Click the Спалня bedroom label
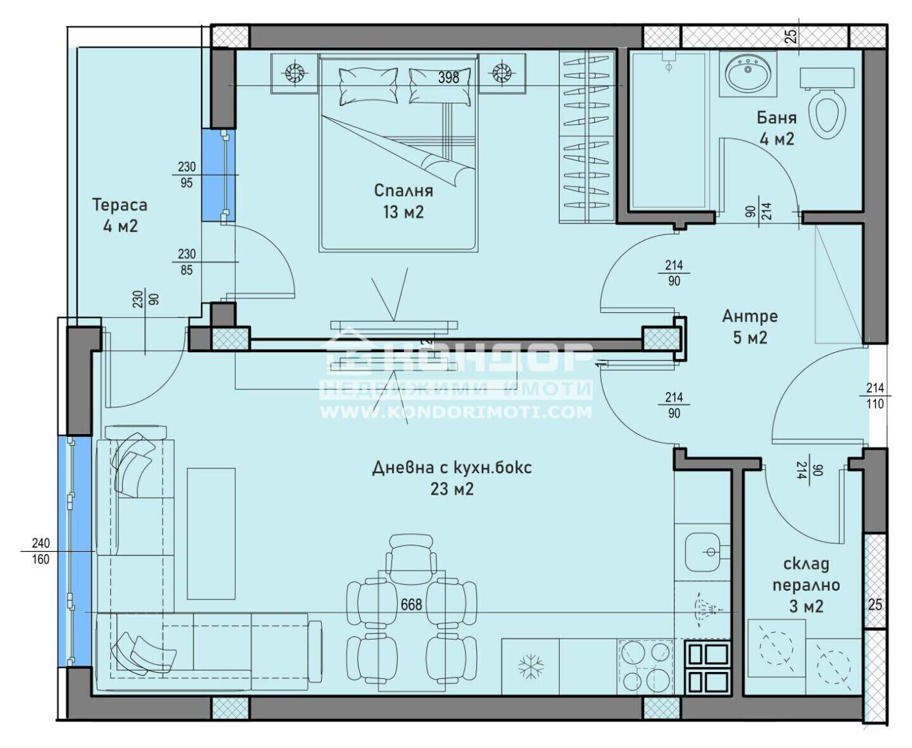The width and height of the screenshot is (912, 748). (x=403, y=201)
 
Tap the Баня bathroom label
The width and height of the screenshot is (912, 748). (x=776, y=129)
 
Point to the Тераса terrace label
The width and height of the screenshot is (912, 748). (x=120, y=215)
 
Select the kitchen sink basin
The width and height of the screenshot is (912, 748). (x=703, y=552)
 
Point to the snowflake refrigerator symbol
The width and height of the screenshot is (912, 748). (x=530, y=666)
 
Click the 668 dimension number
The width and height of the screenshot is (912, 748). (x=411, y=604)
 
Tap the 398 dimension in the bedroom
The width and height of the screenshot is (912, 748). (x=448, y=77)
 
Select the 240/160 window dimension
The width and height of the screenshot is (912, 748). (x=41, y=551)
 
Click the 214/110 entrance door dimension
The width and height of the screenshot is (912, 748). (x=875, y=396)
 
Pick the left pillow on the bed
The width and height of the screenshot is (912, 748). (x=368, y=86)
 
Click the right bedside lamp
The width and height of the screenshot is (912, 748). (x=502, y=73)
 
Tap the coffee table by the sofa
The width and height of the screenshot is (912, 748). (x=211, y=533)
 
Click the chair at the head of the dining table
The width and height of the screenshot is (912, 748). (x=411, y=554)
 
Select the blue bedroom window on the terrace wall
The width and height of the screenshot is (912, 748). (x=218, y=175)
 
